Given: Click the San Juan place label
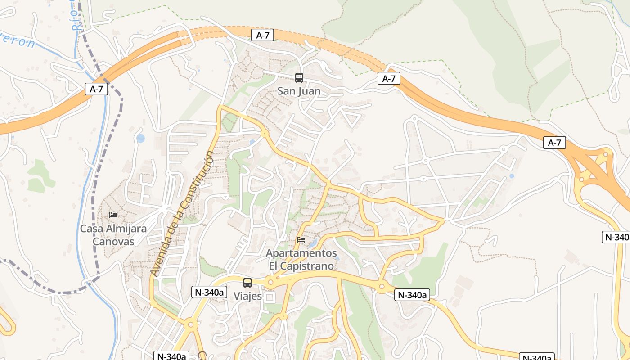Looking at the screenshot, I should (x=299, y=91).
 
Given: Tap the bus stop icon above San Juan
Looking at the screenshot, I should (x=299, y=78).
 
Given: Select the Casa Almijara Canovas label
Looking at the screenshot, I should (x=113, y=235).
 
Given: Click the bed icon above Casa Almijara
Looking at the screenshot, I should (x=113, y=215).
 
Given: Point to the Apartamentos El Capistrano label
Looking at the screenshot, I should (x=301, y=259).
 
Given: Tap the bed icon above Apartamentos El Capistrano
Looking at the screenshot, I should (x=301, y=239).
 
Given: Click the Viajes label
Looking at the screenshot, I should (x=247, y=297).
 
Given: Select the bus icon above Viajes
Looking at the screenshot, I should (x=247, y=283).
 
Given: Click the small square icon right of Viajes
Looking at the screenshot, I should (x=270, y=297).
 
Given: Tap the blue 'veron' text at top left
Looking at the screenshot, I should (x=18, y=41).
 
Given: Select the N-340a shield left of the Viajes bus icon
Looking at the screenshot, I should (x=209, y=292).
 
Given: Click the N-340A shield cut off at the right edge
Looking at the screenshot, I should (x=616, y=237).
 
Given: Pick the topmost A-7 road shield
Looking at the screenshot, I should (x=262, y=35).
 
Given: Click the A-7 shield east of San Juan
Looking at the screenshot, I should (x=389, y=79).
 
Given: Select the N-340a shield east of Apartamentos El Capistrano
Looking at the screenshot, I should (x=412, y=295).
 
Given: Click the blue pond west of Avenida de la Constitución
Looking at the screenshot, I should (x=141, y=138).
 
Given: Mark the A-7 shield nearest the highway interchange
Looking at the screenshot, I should (x=554, y=143).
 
